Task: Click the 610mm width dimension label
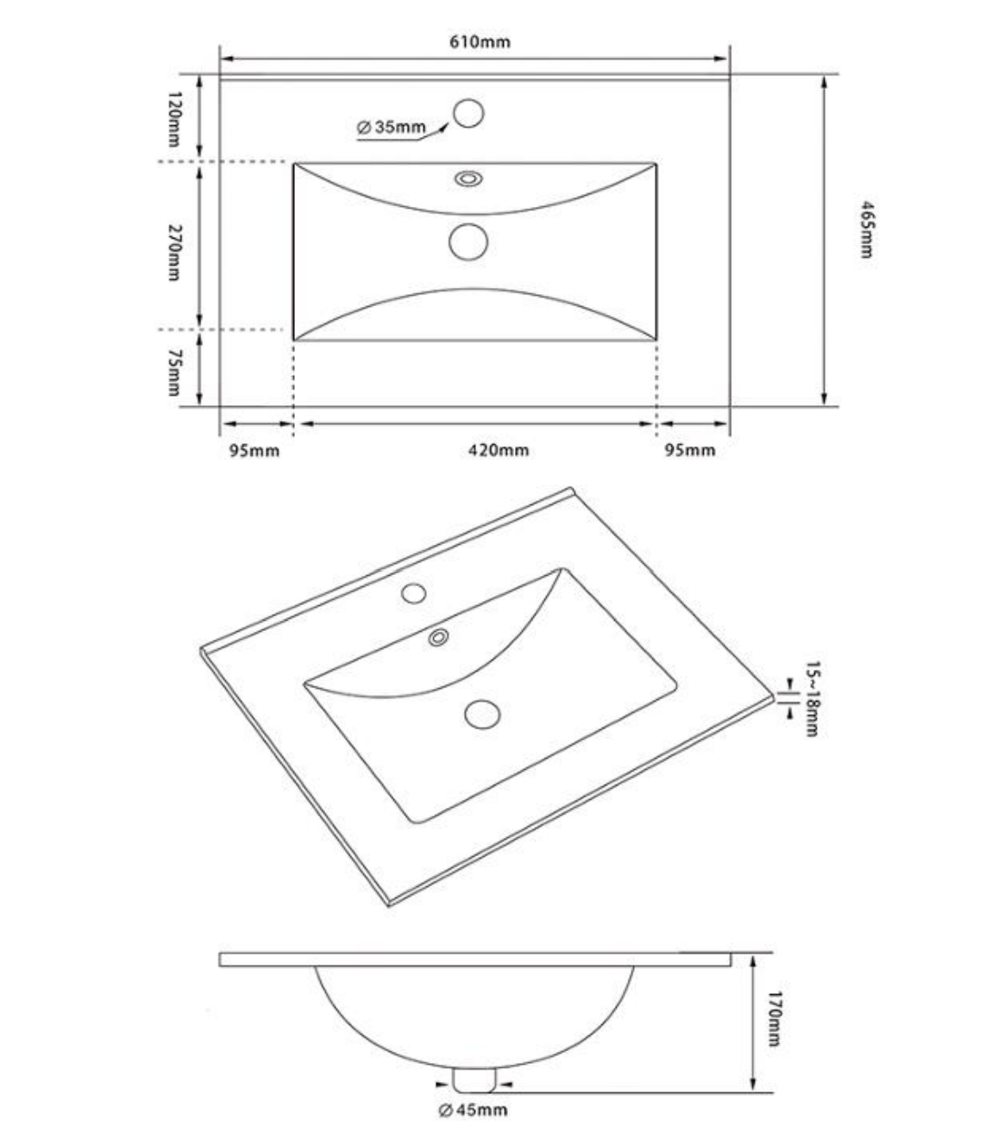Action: point(480,41)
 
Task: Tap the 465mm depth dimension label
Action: point(867,229)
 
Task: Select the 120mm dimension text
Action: point(175,119)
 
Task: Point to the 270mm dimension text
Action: point(175,253)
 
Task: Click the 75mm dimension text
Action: point(175,372)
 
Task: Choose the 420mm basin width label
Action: point(499,450)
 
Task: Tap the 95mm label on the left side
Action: point(254,451)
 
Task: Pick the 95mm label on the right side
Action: point(690,450)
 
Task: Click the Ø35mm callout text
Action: point(392,127)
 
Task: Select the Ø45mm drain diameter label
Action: point(473,1110)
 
